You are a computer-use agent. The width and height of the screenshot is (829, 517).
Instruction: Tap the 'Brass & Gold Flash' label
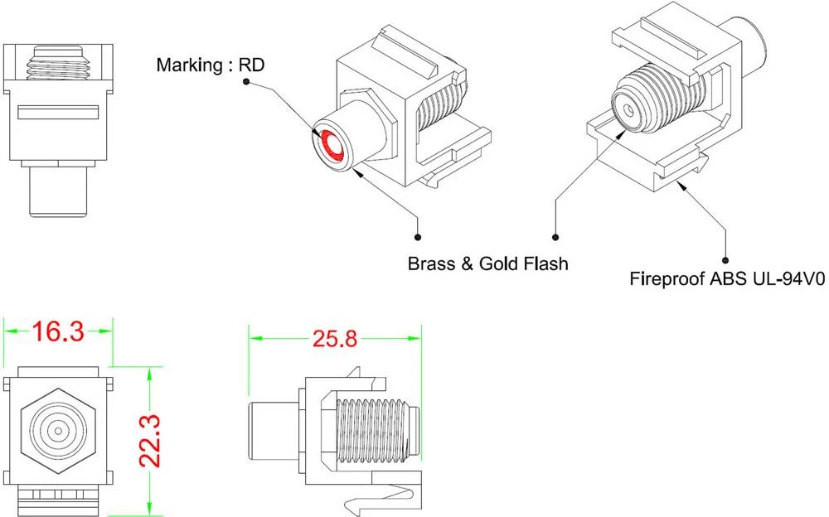pyautogui.click(x=487, y=264)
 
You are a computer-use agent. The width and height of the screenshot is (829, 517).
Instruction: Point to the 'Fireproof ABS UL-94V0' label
pyautogui.click(x=726, y=279)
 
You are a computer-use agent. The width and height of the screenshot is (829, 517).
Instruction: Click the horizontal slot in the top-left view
pyautogui.click(x=57, y=113)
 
